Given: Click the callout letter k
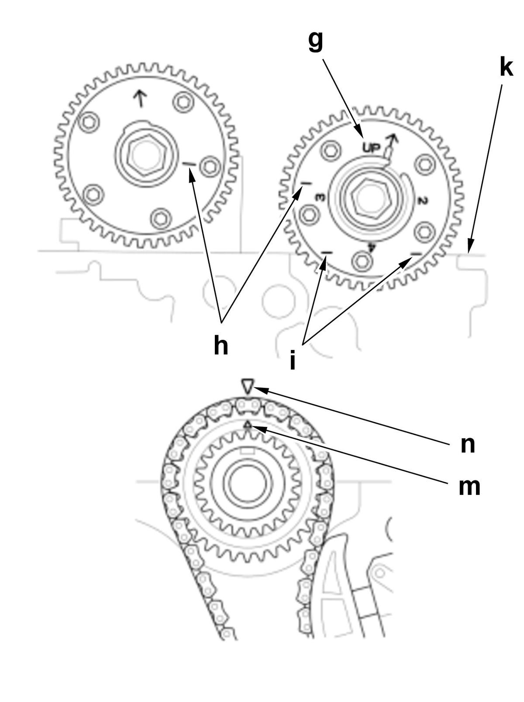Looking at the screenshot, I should click(x=506, y=68).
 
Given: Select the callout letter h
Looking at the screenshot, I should click(x=221, y=346).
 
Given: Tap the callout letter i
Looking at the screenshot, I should click(x=293, y=361).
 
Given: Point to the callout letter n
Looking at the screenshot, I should click(x=468, y=445).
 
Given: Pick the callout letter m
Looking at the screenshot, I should click(x=469, y=486).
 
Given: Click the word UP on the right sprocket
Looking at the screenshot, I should click(x=372, y=148).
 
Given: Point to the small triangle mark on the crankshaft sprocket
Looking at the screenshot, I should click(x=248, y=424).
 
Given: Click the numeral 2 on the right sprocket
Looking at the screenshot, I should click(x=422, y=201).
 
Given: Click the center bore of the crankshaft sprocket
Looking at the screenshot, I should click(x=248, y=484).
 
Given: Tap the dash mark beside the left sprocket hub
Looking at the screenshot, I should click(x=190, y=164).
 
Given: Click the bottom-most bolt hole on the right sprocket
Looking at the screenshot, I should click(x=362, y=261).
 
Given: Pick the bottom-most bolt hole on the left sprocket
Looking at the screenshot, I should click(x=161, y=218).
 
